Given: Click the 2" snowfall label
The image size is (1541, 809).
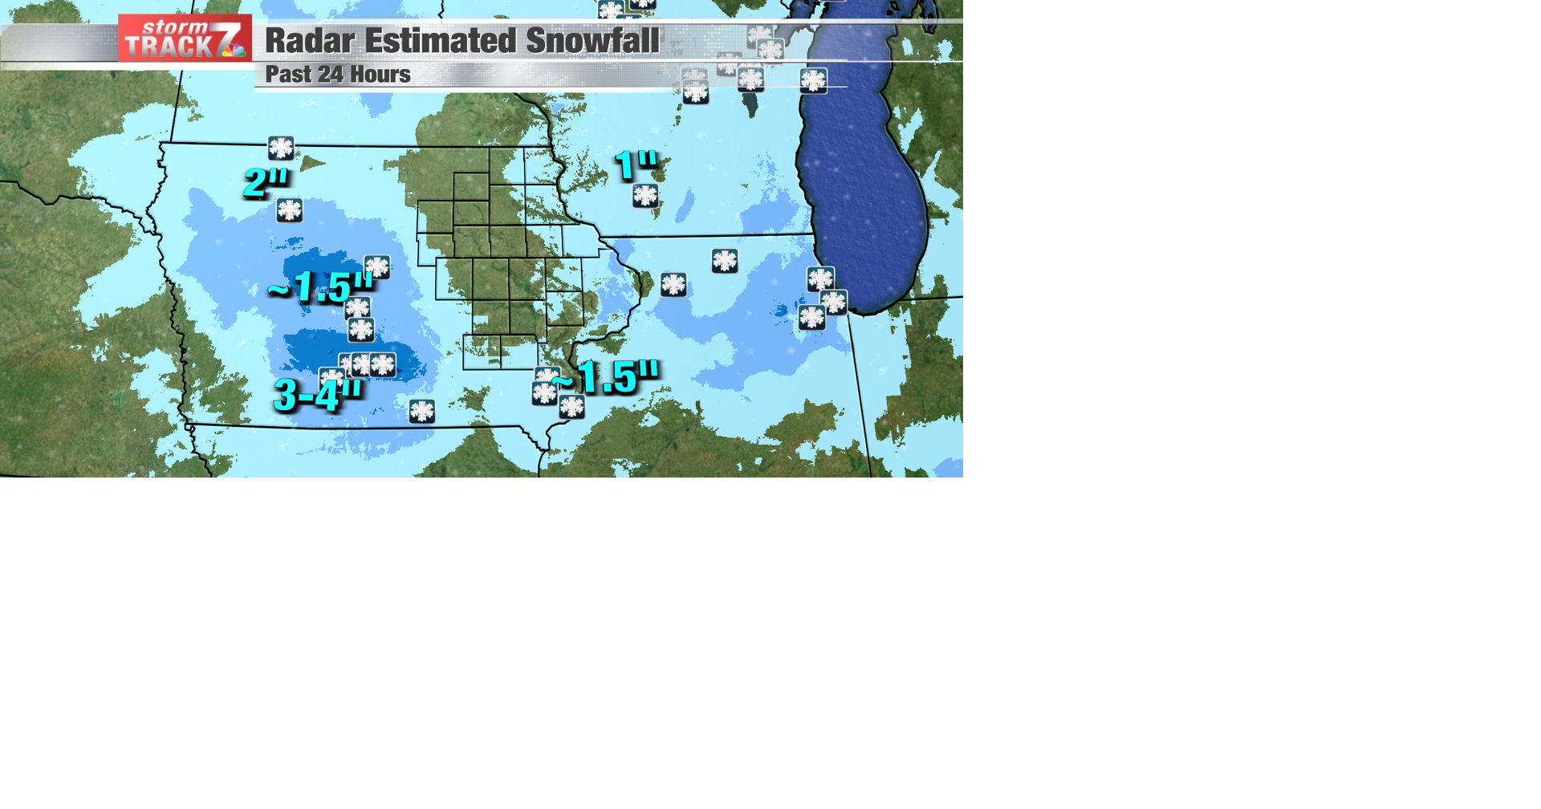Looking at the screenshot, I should (x=266, y=181).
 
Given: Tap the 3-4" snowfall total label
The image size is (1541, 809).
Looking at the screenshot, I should (x=317, y=394).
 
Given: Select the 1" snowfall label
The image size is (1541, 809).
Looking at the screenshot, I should (x=636, y=165).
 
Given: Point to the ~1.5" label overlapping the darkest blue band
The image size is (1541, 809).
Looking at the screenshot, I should (x=320, y=287).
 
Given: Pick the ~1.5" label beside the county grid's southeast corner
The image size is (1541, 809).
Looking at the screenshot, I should (x=608, y=376).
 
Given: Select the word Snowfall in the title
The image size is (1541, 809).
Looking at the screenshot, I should (x=592, y=41).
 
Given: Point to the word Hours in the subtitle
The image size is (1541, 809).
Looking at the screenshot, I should (x=377, y=75).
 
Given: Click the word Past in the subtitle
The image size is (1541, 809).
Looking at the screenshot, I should (x=288, y=75).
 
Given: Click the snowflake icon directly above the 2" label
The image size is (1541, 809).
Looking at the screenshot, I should (x=281, y=148).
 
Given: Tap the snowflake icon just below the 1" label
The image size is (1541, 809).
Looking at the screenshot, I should (x=645, y=195).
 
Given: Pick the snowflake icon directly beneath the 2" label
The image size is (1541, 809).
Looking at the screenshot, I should (x=290, y=210).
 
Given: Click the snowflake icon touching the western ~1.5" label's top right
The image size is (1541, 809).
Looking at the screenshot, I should (x=377, y=266).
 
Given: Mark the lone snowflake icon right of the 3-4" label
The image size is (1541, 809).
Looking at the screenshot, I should (x=422, y=411).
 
